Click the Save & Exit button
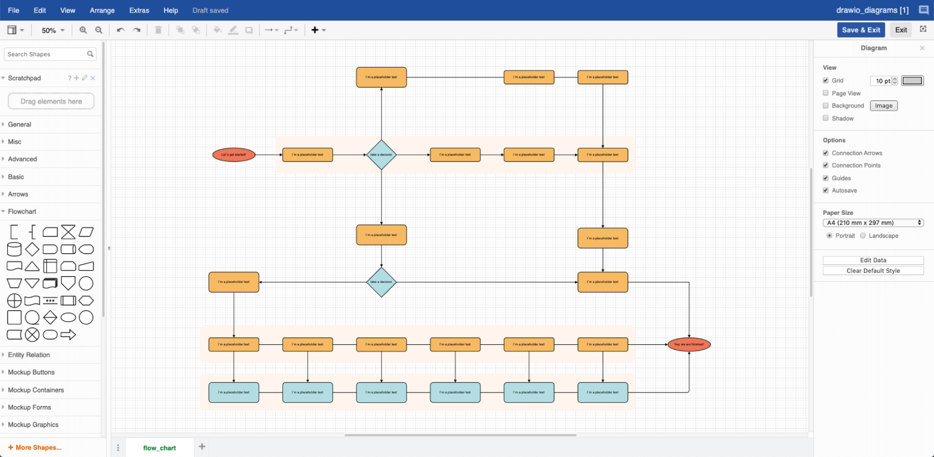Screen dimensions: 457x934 coord(860,30)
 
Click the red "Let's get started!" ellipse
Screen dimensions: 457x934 coord(234,155)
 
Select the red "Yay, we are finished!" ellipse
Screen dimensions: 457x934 coord(689,345)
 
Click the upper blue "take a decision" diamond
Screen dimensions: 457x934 coord(381,155)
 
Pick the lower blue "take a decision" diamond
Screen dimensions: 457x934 coord(381,282)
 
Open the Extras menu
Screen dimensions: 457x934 coord(139,10)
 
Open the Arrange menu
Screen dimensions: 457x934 coord(102,10)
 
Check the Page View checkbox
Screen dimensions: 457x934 coord(826,93)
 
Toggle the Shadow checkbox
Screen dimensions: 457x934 coord(826,118)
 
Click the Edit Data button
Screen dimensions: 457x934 coord(873,260)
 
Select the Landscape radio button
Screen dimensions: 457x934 coord(863,236)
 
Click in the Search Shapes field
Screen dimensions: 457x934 coord(46,54)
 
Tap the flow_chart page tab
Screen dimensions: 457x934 coord(159,448)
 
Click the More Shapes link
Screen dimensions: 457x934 coord(35,447)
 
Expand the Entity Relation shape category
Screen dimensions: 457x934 coord(29,355)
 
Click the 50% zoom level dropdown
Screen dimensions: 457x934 coord(53,30)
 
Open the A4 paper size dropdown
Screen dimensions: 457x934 coord(873,223)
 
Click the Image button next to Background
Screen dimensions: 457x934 coord(883,106)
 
